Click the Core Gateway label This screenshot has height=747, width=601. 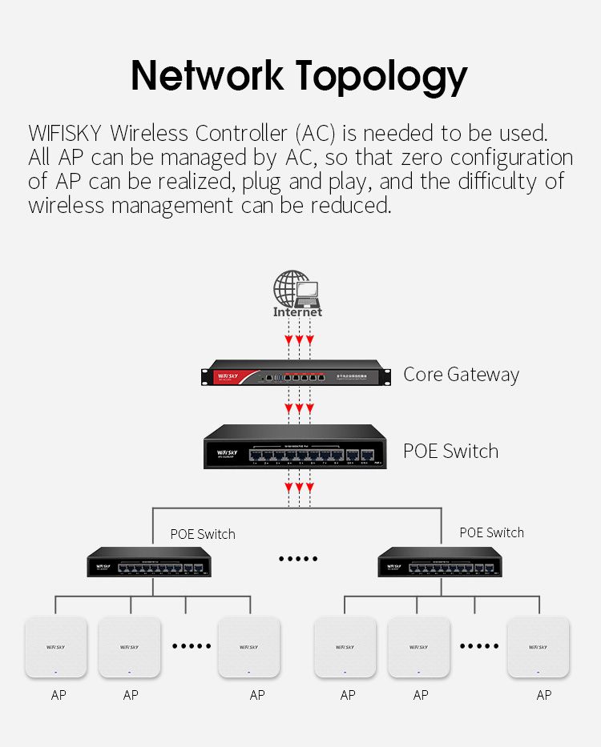click(461, 375)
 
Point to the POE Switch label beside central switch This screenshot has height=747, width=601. click(450, 451)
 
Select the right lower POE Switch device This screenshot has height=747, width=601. click(439, 564)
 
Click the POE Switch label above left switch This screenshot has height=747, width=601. click(203, 534)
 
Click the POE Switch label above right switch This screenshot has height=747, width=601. click(491, 532)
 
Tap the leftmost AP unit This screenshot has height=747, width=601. click(56, 647)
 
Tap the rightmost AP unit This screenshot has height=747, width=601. click(538, 647)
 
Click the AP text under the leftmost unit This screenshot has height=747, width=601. click(58, 695)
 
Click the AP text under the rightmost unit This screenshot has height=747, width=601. click(544, 695)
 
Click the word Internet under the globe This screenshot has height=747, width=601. click(297, 312)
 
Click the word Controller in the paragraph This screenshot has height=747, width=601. click(241, 133)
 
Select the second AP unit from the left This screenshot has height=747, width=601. click(129, 647)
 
